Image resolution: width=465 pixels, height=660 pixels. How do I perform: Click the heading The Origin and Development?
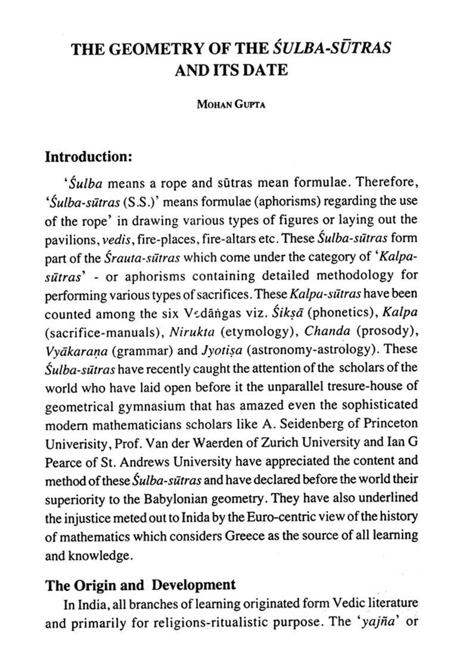point(141,584)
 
